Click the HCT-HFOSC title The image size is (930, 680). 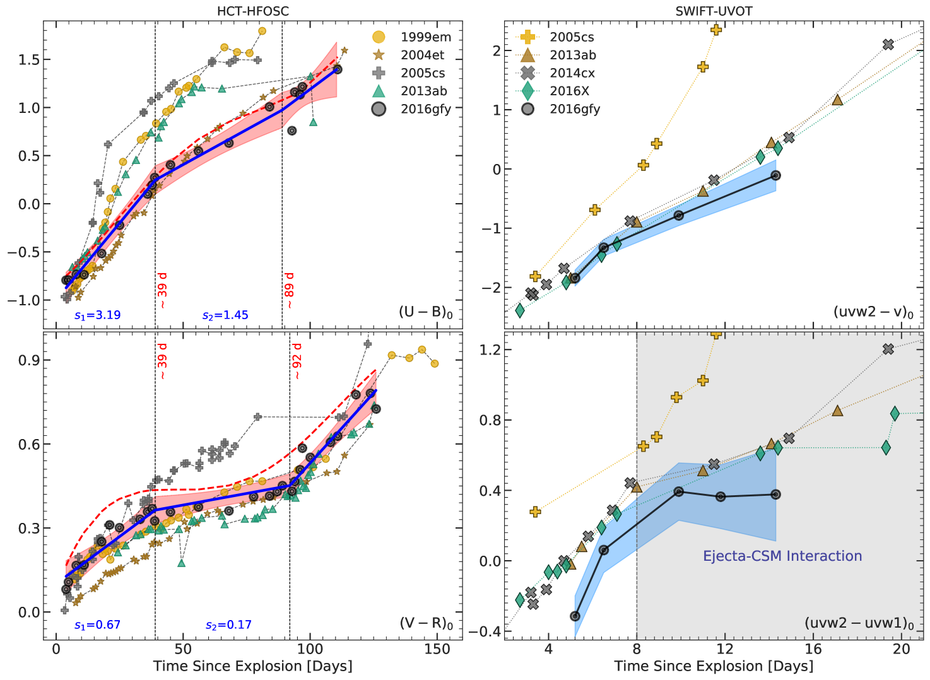[252, 11]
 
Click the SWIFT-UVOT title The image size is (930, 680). [714, 11]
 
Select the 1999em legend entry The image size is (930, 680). [426, 37]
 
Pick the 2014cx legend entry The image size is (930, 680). [572, 73]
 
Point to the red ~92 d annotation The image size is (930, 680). [297, 361]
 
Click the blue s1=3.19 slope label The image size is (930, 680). [97, 315]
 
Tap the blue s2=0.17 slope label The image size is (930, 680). [228, 625]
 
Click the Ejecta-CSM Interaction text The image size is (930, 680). [782, 556]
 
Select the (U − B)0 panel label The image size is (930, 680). [426, 312]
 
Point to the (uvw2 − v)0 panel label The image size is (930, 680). [873, 312]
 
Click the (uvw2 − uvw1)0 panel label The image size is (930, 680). [859, 623]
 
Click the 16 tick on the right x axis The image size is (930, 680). [813, 650]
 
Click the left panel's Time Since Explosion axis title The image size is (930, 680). [252, 666]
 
